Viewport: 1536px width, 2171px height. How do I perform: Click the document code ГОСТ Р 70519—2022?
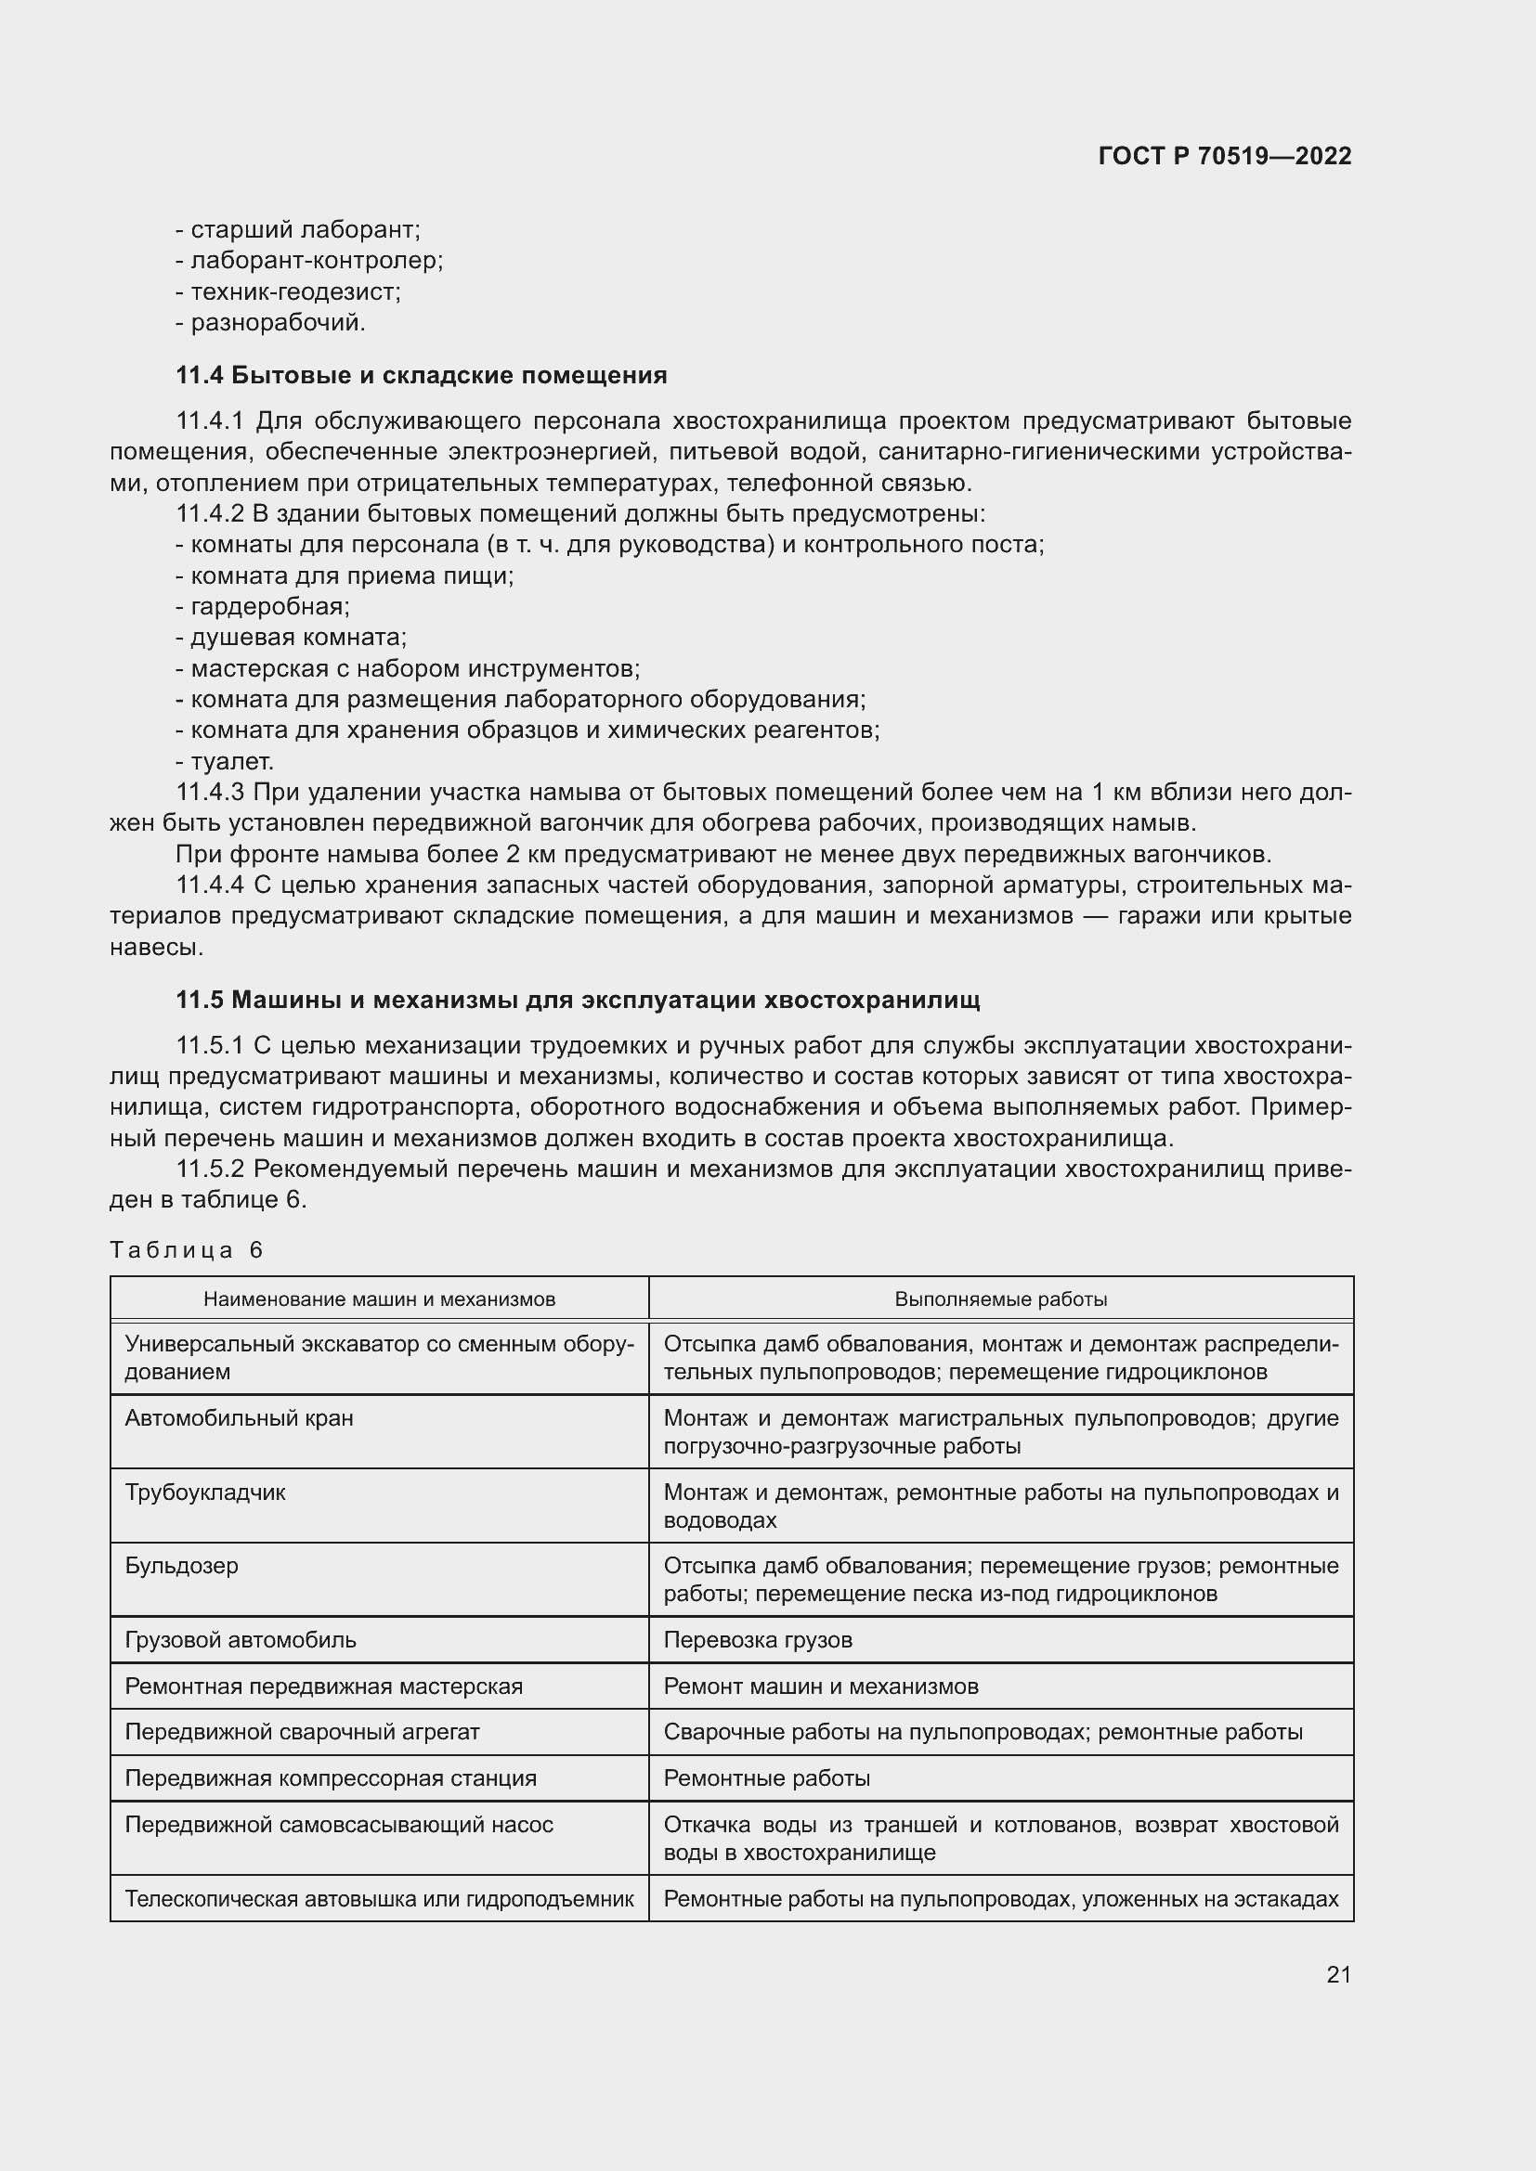tap(1225, 156)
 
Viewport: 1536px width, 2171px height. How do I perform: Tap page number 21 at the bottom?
tap(1338, 1974)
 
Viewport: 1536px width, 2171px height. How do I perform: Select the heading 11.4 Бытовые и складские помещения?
tap(421, 375)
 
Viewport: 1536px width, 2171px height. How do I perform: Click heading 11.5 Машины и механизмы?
tap(577, 1000)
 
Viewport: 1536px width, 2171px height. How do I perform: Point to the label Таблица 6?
tap(187, 1250)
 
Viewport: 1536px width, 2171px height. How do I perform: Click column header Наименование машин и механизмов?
tap(379, 1299)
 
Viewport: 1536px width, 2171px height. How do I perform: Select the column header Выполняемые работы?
tap(1001, 1299)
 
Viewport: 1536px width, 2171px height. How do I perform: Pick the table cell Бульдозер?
tap(182, 1566)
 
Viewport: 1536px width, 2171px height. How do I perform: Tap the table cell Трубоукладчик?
tap(205, 1493)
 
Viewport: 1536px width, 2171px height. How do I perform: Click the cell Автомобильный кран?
tap(240, 1418)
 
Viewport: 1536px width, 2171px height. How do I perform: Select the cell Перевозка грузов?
tap(758, 1639)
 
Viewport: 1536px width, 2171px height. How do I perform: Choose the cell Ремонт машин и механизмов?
tap(821, 1686)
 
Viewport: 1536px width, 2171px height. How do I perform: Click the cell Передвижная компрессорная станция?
tap(331, 1777)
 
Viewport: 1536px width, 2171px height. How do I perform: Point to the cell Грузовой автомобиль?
tap(241, 1639)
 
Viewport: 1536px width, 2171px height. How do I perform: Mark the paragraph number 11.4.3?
tap(210, 793)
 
